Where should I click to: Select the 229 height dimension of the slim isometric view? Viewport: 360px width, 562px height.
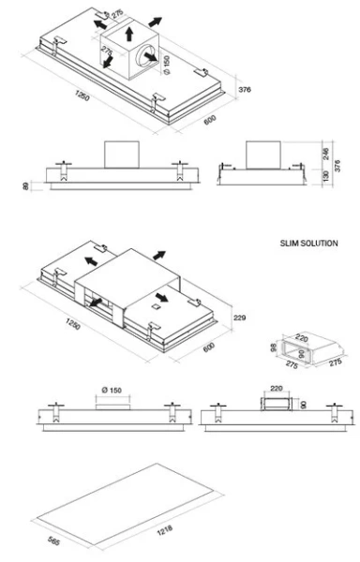pos(239,318)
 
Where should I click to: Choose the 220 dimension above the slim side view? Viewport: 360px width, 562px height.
pos(276,387)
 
